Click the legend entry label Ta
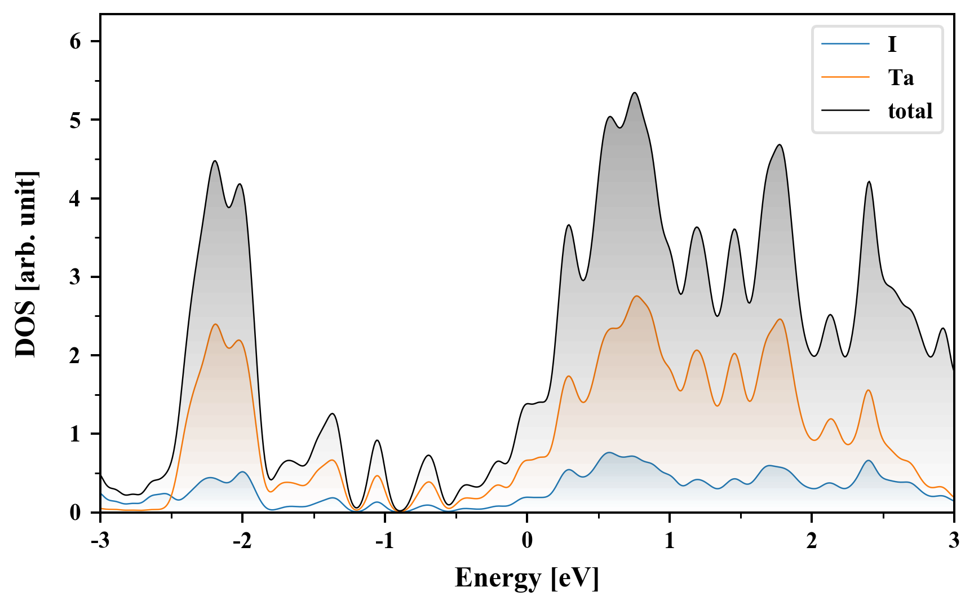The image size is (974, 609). pos(901,77)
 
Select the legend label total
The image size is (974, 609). pos(910,111)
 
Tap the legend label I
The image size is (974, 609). pos(892,44)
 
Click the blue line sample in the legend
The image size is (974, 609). pos(845,44)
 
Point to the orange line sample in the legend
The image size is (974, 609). pos(845,77)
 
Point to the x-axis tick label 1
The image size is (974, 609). pos(669,540)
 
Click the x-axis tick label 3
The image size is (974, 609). pos(954,540)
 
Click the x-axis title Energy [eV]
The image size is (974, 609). pos(526,579)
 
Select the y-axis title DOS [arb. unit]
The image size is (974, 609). pos(26,263)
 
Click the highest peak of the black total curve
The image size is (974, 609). pos(635,93)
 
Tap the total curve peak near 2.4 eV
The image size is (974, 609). pos(869,182)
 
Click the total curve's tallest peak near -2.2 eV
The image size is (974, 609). pos(215,161)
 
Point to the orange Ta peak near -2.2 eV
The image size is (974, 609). pos(215,324)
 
